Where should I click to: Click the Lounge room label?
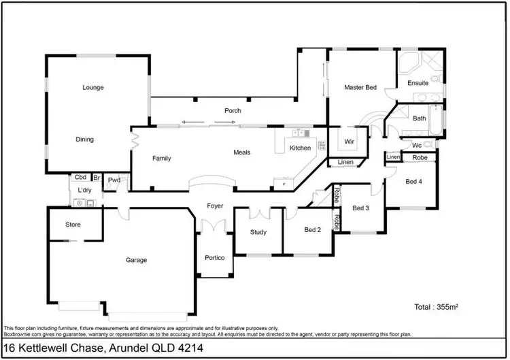click(92, 87)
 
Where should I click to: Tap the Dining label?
click(85, 140)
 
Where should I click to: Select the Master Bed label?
click(360, 88)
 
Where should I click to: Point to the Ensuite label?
click(418, 83)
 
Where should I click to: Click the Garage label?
click(136, 259)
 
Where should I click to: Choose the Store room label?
click(73, 225)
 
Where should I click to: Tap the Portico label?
click(215, 258)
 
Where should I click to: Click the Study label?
click(258, 232)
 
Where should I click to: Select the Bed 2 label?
click(312, 230)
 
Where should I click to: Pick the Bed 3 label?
click(360, 208)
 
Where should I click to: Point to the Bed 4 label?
click(413, 182)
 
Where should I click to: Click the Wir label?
click(350, 142)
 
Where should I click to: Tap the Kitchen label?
click(300, 148)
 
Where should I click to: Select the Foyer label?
click(216, 206)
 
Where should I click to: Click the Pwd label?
click(114, 180)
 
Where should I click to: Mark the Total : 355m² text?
click(436, 308)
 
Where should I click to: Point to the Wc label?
click(416, 145)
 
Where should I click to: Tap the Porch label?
click(233, 110)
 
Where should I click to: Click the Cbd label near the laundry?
click(80, 177)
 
